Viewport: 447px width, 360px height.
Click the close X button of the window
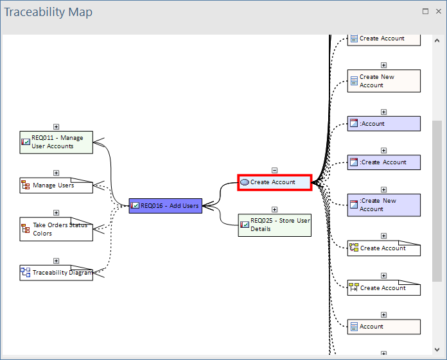[x=439, y=11]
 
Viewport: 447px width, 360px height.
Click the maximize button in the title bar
[x=425, y=11]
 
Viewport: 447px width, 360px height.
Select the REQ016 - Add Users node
[x=165, y=205]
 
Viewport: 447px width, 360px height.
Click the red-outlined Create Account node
[x=275, y=182]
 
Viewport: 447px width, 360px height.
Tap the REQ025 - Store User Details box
[x=274, y=225]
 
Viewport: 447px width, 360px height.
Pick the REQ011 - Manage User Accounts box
[x=56, y=142]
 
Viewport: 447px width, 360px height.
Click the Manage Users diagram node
[x=56, y=185]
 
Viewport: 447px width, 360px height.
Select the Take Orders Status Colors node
[x=56, y=229]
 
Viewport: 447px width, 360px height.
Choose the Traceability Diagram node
[x=56, y=273]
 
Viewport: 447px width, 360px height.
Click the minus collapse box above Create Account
[x=274, y=170]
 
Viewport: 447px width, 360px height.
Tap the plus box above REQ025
[x=274, y=209]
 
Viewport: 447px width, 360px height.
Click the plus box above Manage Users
[x=56, y=173]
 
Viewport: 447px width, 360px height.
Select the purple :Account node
[x=383, y=124]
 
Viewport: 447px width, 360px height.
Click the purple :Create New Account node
[x=383, y=205]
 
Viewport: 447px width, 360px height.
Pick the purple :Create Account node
[x=383, y=162]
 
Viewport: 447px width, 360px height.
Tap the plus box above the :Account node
[x=383, y=112]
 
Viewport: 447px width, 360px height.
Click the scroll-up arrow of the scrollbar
[x=437, y=40]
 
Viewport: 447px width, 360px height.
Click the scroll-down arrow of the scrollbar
[x=437, y=349]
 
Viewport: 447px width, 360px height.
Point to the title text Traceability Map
[x=48, y=12]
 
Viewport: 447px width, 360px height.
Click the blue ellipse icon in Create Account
[x=245, y=182]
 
